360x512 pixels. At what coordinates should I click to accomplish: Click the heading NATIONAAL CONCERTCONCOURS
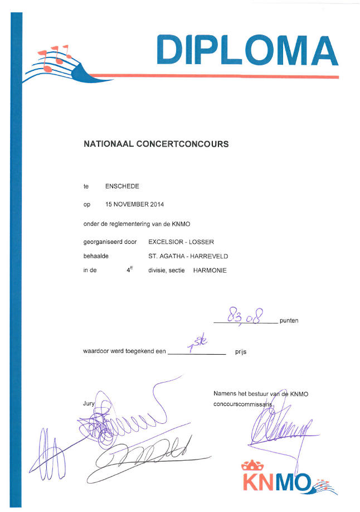coord(156,144)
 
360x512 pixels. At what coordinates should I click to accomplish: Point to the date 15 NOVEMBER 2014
coord(135,205)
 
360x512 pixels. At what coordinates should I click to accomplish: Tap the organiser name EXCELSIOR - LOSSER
coord(181,241)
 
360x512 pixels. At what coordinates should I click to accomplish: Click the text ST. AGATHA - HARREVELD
coord(188,256)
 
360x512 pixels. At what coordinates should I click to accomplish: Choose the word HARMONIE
coord(211,271)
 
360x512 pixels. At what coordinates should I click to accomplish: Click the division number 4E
coord(129,270)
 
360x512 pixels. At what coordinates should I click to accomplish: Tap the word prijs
coord(241,352)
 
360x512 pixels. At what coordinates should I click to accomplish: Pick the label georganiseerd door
coord(110,241)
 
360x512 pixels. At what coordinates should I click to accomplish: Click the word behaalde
coord(95,256)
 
